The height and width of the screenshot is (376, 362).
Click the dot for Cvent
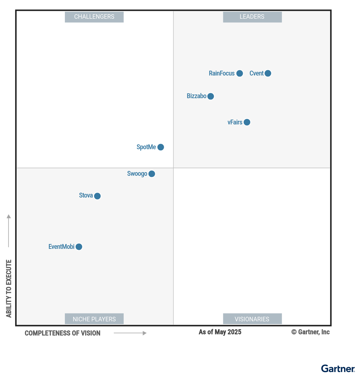point(268,73)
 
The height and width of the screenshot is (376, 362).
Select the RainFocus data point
point(240,73)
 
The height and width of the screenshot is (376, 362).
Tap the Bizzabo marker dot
point(211,96)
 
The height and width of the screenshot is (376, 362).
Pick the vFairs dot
point(247,122)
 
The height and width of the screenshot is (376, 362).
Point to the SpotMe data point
point(161,147)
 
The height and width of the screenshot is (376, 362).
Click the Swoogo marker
point(152,174)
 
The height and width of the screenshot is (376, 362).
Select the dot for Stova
point(97,196)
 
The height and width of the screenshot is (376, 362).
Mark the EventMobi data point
point(79,247)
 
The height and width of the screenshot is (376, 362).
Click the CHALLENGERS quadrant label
point(94,17)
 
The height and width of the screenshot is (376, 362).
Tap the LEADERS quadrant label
point(252,17)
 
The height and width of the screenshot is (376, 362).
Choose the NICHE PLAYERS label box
point(94,319)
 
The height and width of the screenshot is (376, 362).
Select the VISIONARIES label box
point(252,319)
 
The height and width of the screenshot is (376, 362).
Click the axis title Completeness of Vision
point(62,333)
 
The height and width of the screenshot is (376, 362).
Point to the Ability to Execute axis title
point(9,288)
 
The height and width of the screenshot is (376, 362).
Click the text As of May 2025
point(220,332)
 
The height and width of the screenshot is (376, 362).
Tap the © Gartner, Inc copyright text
point(310,332)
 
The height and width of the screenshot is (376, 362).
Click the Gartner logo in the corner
point(338,368)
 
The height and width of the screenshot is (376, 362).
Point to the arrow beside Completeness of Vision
point(130,333)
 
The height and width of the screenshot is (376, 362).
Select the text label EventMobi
point(61,247)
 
